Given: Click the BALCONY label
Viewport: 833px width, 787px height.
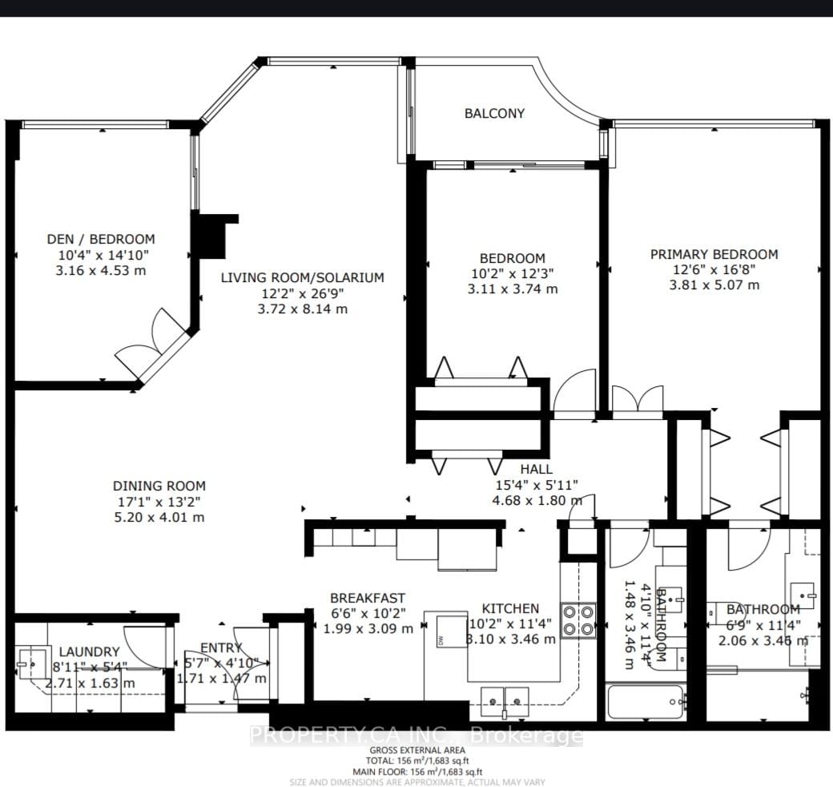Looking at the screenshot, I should click(x=494, y=113).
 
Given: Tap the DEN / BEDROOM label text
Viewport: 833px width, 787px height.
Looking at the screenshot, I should click(x=100, y=239).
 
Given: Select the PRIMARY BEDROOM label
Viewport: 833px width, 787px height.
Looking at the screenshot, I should click(x=713, y=254).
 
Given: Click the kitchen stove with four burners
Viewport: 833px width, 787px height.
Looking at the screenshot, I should click(x=577, y=619).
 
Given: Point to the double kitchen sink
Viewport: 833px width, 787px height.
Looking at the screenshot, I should click(x=505, y=700).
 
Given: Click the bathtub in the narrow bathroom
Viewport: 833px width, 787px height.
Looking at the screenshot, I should click(x=646, y=702).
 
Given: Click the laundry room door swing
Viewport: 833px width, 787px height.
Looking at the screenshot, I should click(x=146, y=646).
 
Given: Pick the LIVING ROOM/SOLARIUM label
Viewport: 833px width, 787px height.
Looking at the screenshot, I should click(x=303, y=277).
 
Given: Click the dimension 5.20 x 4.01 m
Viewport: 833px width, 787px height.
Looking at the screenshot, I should click(x=159, y=517).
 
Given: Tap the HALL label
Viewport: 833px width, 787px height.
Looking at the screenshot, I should click(x=535, y=469).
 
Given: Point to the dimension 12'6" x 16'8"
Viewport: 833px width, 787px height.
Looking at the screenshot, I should click(x=713, y=270).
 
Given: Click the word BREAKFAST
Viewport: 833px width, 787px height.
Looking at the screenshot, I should click(x=368, y=598).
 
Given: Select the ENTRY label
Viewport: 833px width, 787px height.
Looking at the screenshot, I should click(x=221, y=648).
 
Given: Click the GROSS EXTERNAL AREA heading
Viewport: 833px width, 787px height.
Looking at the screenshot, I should click(x=416, y=751).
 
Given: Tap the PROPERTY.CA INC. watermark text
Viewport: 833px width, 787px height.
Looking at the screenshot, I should click(x=416, y=735).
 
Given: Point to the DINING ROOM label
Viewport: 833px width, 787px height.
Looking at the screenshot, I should click(x=159, y=486).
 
